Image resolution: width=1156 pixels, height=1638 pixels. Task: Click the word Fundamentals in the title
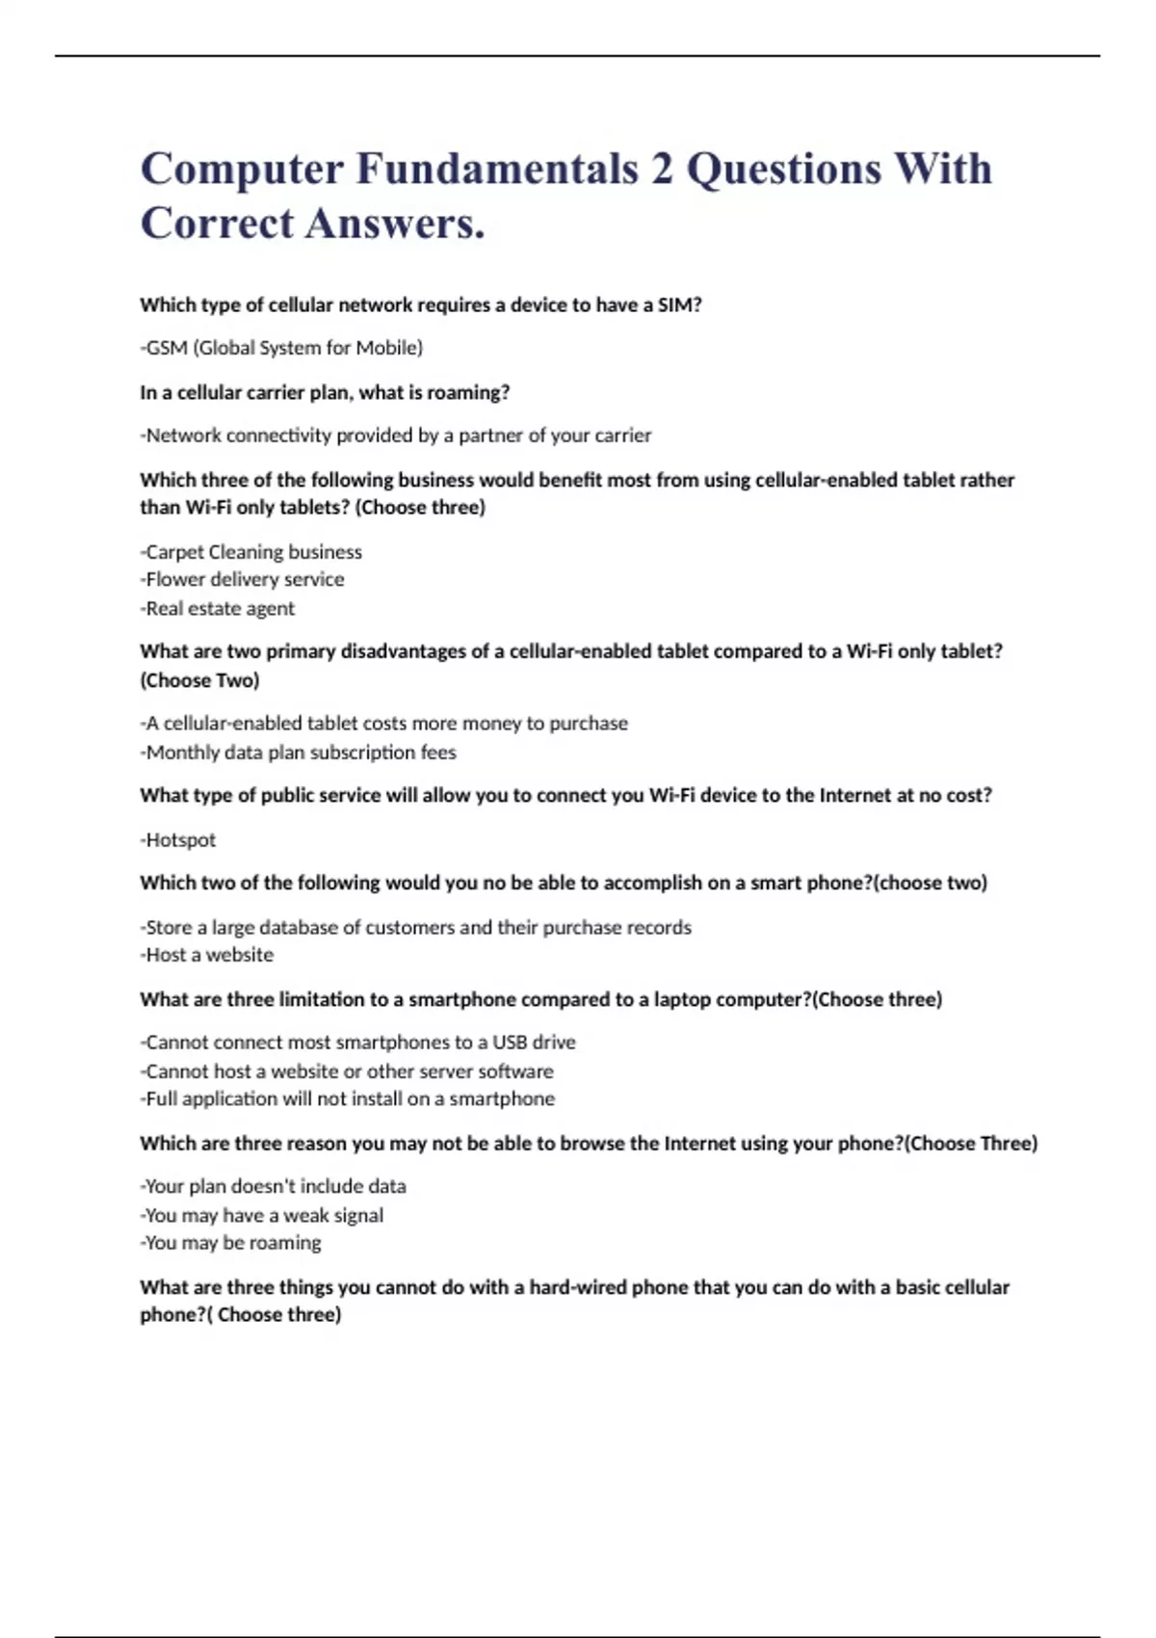tap(497, 170)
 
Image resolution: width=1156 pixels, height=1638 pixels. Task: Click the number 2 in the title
tap(661, 170)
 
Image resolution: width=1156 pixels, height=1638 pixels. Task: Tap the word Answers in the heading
tap(395, 225)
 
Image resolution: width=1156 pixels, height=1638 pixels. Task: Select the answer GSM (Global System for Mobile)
tap(282, 348)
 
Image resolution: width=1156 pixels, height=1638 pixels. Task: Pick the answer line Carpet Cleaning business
tap(252, 552)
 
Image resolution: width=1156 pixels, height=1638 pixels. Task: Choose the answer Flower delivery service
tap(244, 579)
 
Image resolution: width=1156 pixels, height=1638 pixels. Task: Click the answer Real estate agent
tap(219, 608)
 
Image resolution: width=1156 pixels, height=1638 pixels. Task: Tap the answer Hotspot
tap(179, 839)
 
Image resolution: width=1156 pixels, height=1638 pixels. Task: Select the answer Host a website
tap(208, 955)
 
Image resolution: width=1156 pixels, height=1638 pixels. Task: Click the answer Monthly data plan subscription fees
tap(299, 752)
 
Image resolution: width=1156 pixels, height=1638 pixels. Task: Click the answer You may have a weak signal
tap(263, 1215)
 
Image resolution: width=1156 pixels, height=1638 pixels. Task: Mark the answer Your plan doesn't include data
tap(275, 1186)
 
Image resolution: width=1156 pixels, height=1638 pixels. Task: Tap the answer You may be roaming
tap(232, 1243)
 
